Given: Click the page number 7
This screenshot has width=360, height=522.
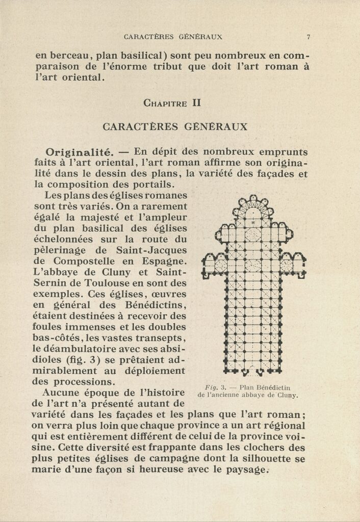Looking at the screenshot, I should (308, 37).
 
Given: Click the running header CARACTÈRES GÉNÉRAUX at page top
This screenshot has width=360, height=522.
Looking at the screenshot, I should (173, 37).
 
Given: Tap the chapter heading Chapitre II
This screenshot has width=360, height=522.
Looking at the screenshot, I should (173, 103).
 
